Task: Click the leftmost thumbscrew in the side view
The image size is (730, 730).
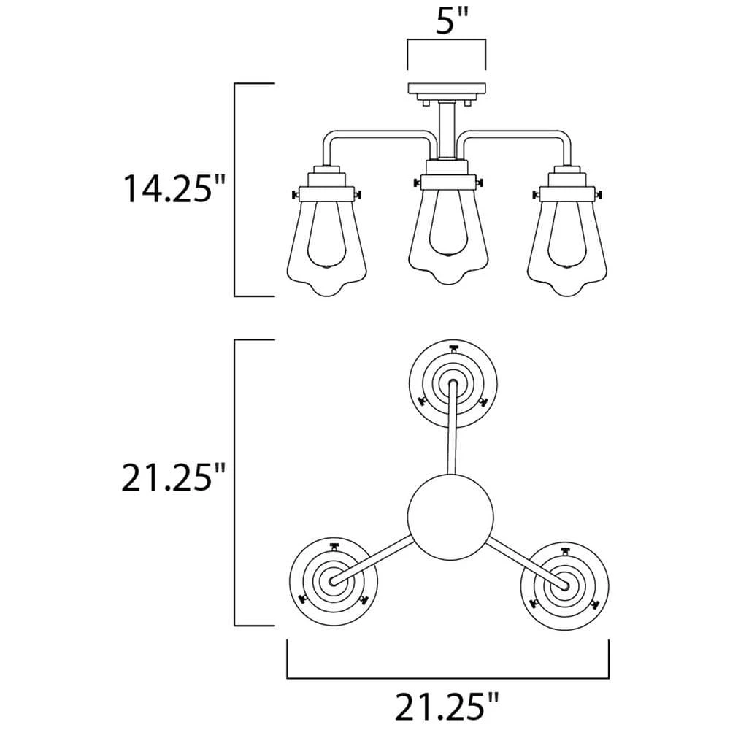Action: pos(293,195)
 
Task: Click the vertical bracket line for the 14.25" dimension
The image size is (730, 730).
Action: pos(234,190)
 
